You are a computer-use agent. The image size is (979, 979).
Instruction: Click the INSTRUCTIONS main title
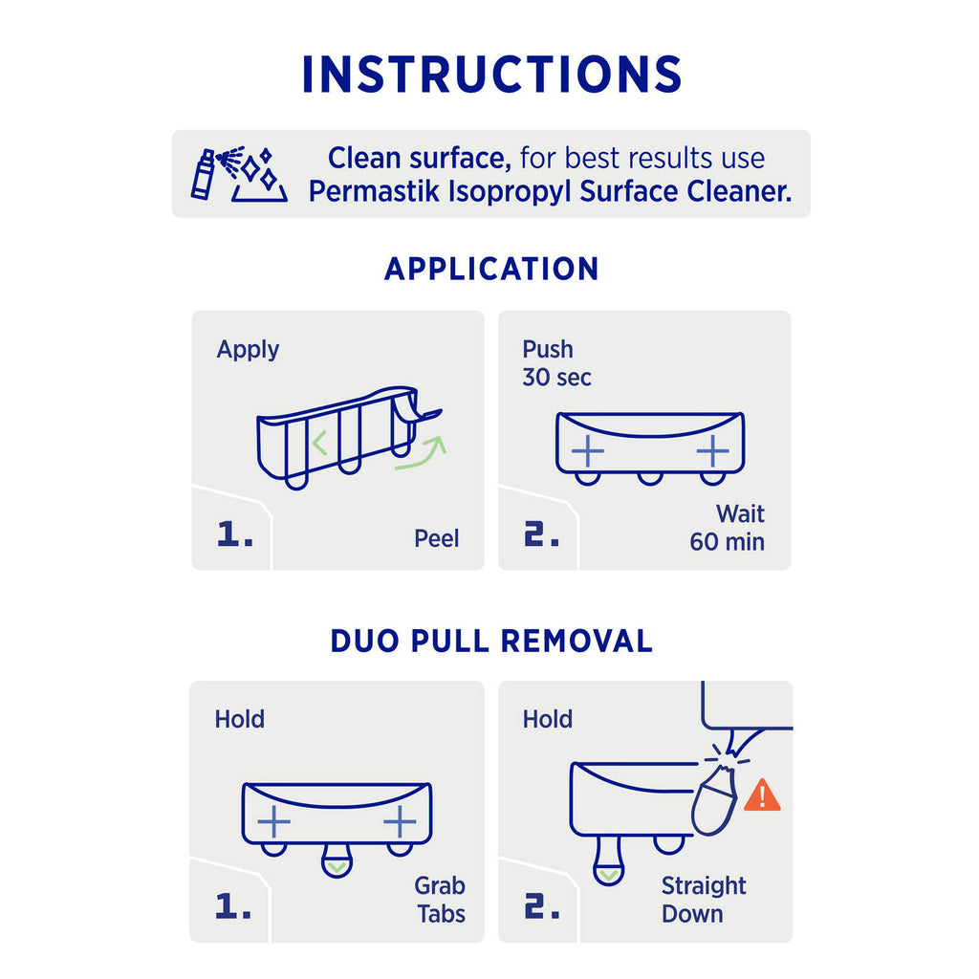(x=491, y=75)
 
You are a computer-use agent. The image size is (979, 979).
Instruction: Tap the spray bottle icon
(x=204, y=175)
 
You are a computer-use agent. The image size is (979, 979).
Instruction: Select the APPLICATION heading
(x=491, y=269)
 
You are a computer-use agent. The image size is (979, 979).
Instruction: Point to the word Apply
(x=248, y=350)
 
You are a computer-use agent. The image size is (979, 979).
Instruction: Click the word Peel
(x=436, y=538)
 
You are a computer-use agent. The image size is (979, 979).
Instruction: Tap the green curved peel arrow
(x=421, y=452)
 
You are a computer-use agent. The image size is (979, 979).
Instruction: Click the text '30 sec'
(x=557, y=377)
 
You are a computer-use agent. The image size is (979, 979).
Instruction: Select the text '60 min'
(x=727, y=542)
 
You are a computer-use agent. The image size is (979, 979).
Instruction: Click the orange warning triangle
(x=762, y=796)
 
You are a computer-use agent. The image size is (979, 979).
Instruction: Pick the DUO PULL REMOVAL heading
(x=491, y=642)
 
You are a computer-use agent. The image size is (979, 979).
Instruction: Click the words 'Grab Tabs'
(x=441, y=900)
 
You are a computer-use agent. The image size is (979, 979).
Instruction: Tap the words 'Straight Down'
(x=704, y=900)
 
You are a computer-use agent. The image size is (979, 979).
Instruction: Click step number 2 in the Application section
(x=541, y=535)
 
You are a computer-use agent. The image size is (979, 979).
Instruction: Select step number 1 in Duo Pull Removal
(x=233, y=906)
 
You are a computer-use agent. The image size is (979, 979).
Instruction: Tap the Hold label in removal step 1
(x=240, y=719)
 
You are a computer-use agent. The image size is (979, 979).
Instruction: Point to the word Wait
(x=741, y=513)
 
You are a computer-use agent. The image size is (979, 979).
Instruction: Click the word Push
(x=548, y=350)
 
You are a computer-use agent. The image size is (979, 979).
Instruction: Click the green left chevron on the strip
(x=319, y=443)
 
